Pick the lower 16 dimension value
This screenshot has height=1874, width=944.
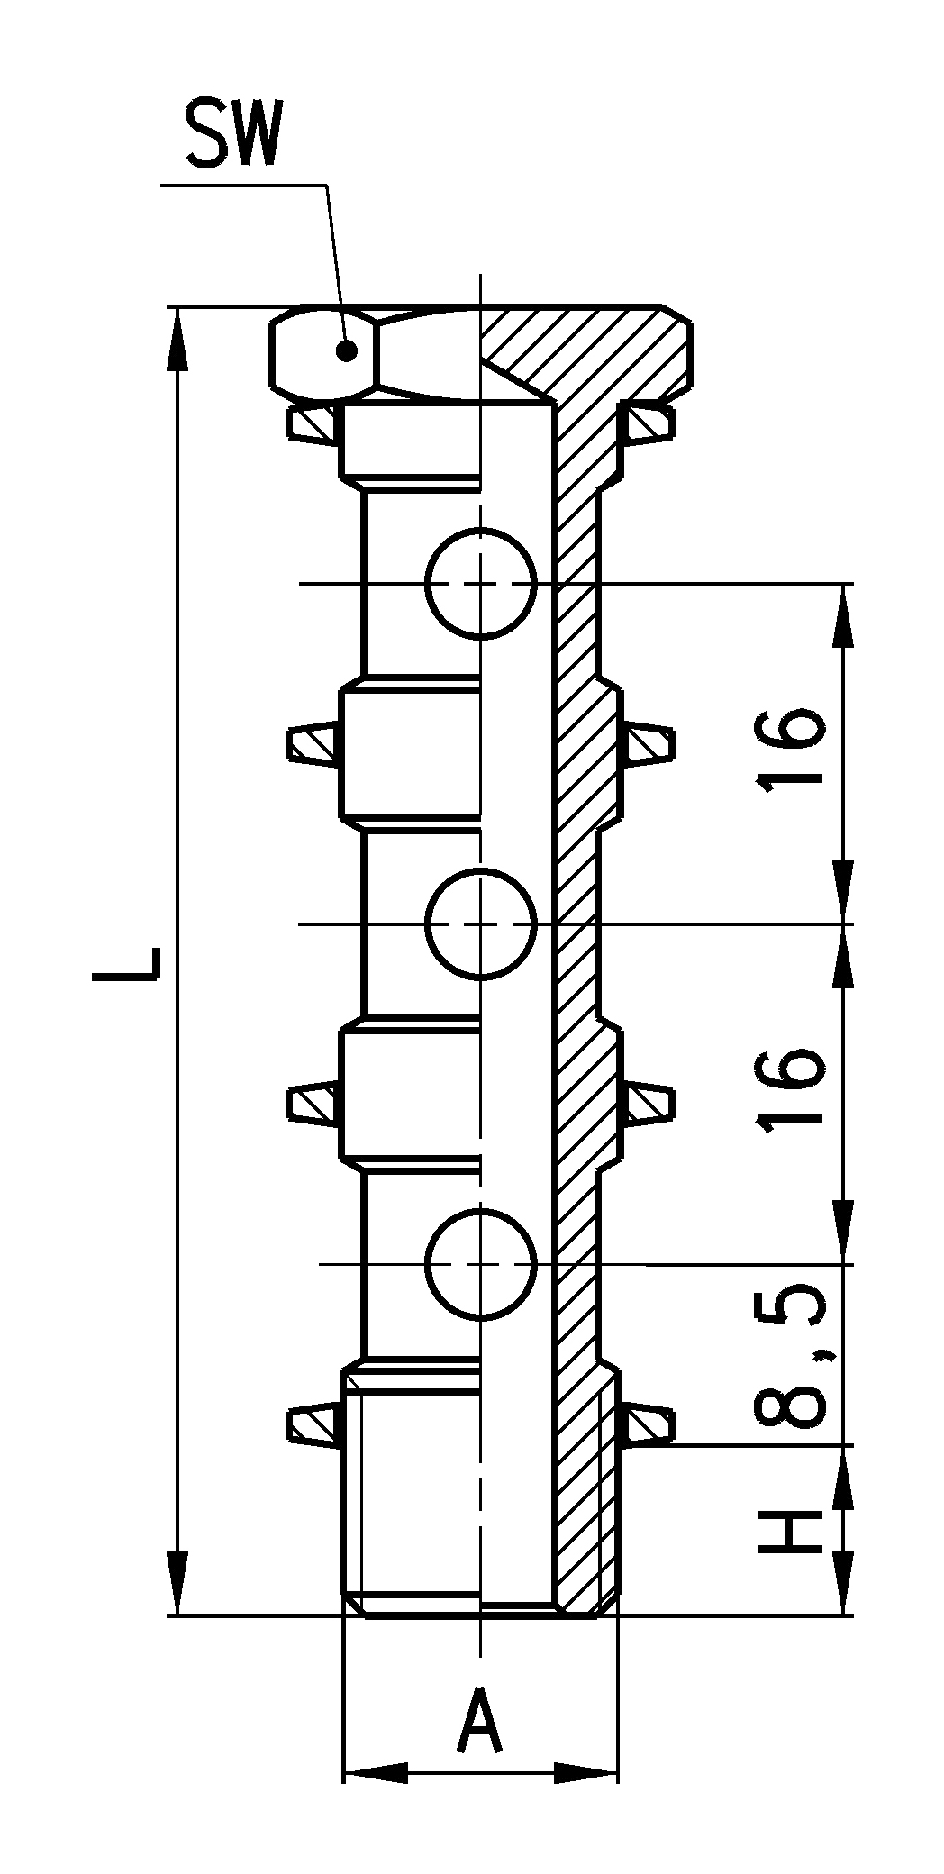click(x=790, y=1089)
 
